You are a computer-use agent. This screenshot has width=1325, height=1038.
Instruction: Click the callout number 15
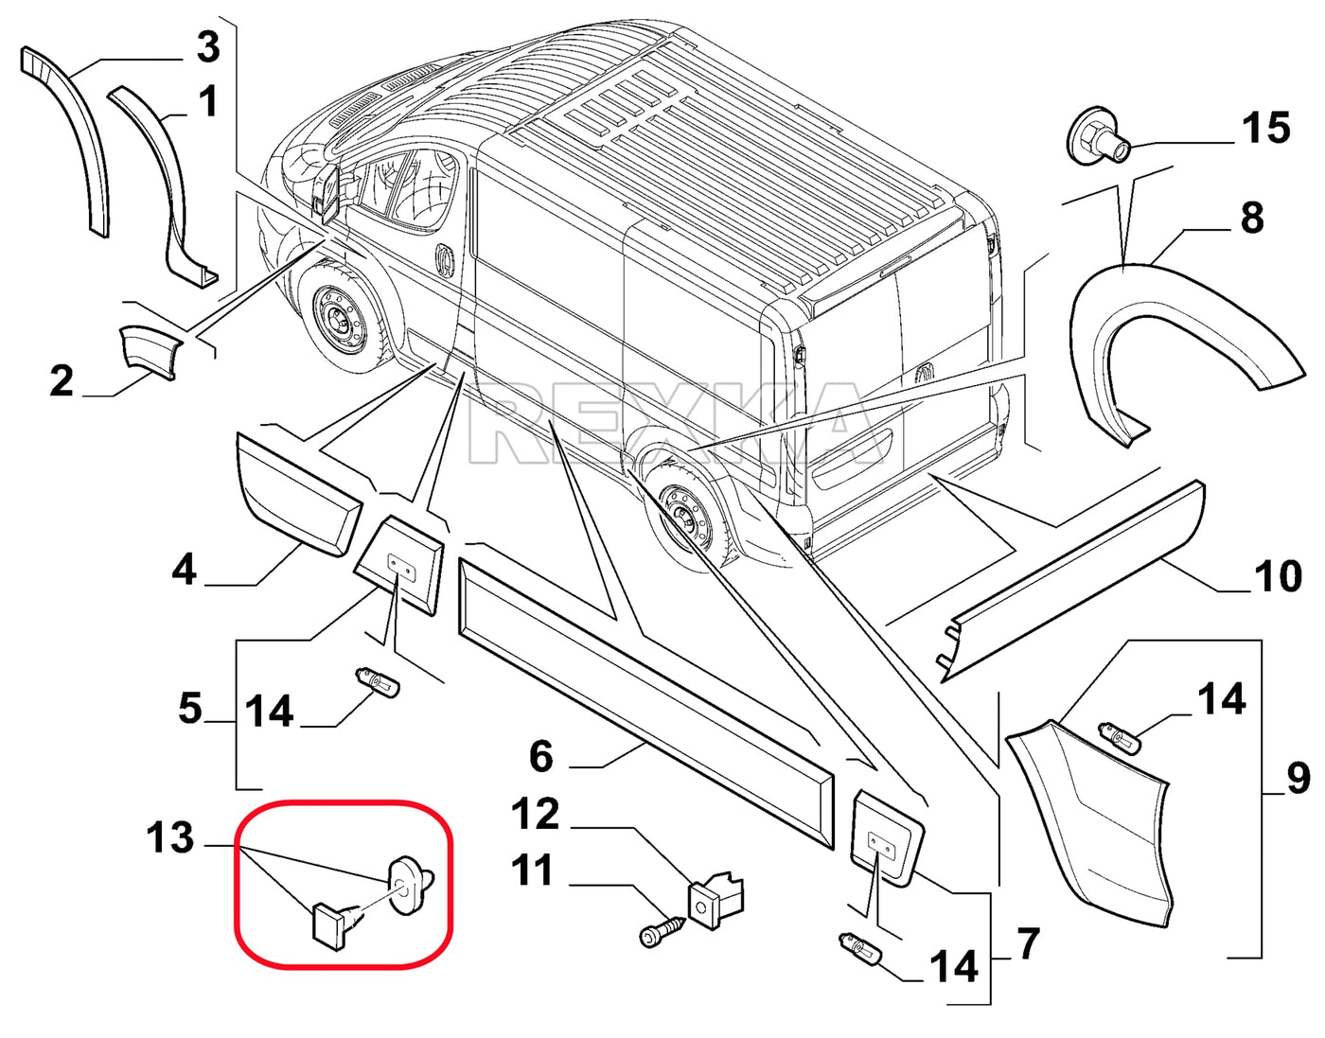1266,128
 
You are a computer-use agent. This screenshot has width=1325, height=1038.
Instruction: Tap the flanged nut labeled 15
1099,138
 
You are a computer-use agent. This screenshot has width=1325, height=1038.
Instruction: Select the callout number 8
1251,218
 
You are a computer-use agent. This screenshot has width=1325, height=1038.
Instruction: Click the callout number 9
1298,778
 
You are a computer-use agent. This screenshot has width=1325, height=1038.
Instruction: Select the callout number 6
540,756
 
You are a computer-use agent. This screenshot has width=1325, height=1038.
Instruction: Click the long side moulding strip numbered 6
644,692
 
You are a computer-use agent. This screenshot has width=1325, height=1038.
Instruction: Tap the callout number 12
536,815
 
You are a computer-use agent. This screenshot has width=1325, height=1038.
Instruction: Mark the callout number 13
170,837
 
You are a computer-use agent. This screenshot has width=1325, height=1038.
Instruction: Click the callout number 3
207,46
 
